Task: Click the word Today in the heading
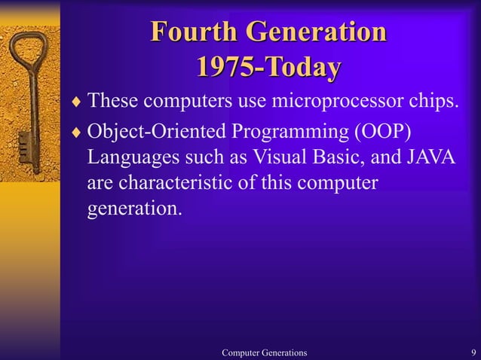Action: pyautogui.click(x=301, y=68)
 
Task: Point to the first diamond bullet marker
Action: pyautogui.click(x=75, y=100)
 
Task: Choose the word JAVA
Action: pyautogui.click(x=430, y=157)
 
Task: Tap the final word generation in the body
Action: pyautogui.click(x=135, y=209)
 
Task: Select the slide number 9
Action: pyautogui.click(x=472, y=352)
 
